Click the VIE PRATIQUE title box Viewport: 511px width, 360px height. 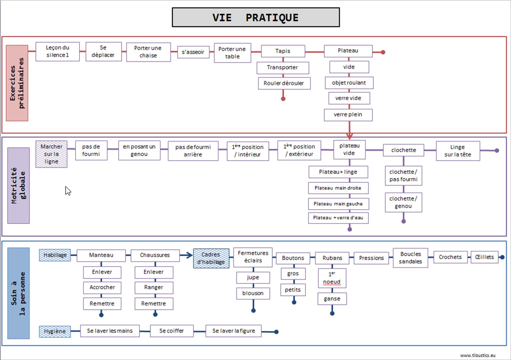(256, 17)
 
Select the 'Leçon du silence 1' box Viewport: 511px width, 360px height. (57, 51)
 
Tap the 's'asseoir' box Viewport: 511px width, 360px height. (193, 52)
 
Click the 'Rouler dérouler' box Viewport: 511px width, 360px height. (284, 83)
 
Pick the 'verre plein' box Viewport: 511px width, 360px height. (348, 114)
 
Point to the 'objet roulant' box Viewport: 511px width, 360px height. (349, 83)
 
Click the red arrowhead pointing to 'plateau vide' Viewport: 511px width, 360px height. (349, 136)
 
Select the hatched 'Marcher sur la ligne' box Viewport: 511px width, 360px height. (51, 154)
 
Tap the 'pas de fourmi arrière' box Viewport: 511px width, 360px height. (193, 151)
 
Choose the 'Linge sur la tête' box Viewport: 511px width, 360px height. (458, 151)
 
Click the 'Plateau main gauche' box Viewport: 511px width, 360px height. (338, 204)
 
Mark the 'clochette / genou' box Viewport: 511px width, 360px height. (403, 202)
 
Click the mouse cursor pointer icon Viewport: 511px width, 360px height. (68, 191)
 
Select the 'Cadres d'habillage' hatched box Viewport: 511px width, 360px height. (211, 258)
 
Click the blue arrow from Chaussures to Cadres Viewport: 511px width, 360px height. (187, 255)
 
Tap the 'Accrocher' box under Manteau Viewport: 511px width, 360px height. (102, 287)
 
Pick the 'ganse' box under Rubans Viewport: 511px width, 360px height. (332, 299)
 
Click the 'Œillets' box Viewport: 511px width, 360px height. (484, 257)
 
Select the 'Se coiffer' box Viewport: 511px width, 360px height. (172, 331)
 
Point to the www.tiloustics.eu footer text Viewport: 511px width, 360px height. (478, 355)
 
